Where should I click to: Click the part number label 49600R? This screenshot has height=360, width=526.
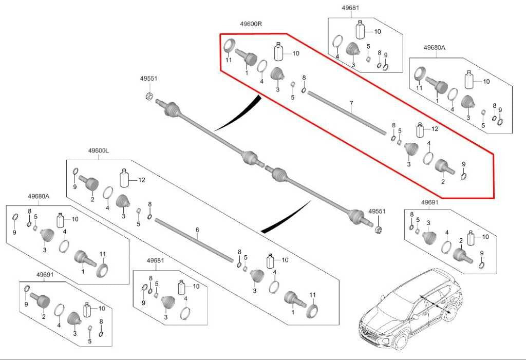pos(251,24)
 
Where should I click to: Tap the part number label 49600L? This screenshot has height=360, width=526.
pos(99,150)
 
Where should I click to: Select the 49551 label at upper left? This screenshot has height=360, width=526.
pos(148,79)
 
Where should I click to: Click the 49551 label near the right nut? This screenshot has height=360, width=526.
pos(377,212)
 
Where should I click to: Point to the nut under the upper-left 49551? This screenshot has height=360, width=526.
pos(149,96)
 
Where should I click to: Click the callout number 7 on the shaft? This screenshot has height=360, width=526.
pos(351,103)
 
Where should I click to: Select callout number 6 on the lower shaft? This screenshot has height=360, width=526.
pos(197,230)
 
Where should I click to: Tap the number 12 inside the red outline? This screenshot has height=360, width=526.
pos(435,128)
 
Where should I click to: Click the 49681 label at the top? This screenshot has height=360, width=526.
pos(350,7)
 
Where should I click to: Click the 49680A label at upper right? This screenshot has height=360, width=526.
pos(435,48)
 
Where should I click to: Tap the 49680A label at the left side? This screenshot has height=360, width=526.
pos(39,196)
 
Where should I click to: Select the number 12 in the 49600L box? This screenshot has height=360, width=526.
pos(142,180)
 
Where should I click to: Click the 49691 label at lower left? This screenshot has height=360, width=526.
pos(45,274)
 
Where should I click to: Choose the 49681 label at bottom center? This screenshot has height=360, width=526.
pos(155,260)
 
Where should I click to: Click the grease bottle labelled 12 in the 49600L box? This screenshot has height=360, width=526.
pos(125,177)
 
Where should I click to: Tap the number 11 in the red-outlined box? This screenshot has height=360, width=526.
pos(229,60)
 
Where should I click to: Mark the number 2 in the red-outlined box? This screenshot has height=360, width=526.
pos(443,181)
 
